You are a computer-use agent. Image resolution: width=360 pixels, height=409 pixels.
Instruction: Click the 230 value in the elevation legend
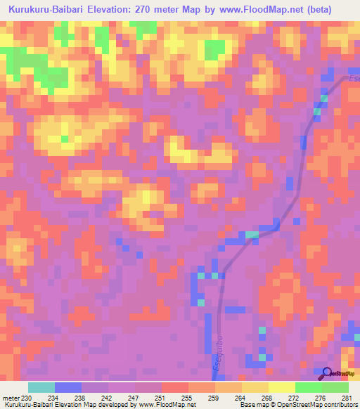point(27,397)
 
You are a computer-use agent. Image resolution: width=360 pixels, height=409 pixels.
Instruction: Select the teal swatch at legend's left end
point(41,387)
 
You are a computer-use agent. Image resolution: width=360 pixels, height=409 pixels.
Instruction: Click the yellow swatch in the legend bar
point(281,387)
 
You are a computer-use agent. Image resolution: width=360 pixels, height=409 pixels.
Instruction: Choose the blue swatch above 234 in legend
point(68,387)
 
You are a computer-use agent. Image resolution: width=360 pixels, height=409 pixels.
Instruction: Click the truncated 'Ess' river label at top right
point(353,79)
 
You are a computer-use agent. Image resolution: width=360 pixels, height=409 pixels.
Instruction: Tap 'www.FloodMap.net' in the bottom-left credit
point(162,405)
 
